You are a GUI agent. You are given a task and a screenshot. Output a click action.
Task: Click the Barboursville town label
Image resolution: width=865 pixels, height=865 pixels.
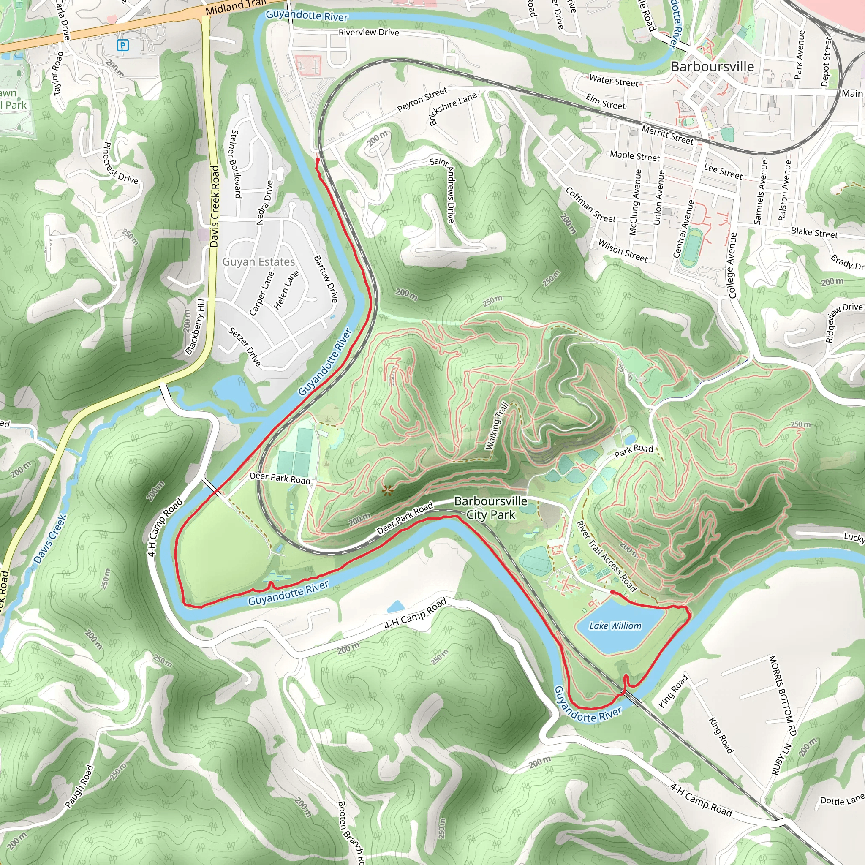tap(712, 66)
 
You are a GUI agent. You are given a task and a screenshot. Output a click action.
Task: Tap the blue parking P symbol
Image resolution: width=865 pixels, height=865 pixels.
tap(122, 45)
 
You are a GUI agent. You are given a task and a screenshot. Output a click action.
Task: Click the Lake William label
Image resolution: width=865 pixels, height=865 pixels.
tap(615, 626)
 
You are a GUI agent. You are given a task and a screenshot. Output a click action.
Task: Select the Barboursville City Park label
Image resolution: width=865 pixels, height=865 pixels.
tap(491, 508)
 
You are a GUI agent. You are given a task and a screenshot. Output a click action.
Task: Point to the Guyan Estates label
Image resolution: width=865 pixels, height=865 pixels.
tap(258, 261)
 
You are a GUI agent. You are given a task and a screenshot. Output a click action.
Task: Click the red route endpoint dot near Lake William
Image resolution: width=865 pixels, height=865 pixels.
tap(612, 592)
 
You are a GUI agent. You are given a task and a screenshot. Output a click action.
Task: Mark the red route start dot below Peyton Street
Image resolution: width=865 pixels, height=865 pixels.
tap(318, 159)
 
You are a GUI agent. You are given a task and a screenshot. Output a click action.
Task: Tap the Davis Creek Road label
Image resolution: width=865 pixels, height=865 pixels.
tap(215, 206)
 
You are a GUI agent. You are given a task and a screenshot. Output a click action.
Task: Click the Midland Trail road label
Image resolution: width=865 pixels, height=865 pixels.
tap(236, 7)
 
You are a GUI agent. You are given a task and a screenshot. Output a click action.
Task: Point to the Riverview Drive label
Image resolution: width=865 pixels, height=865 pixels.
tap(368, 32)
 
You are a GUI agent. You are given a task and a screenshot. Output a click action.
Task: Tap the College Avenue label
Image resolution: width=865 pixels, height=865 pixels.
tap(732, 265)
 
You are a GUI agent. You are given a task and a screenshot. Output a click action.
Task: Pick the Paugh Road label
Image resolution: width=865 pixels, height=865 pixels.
tap(79, 786)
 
